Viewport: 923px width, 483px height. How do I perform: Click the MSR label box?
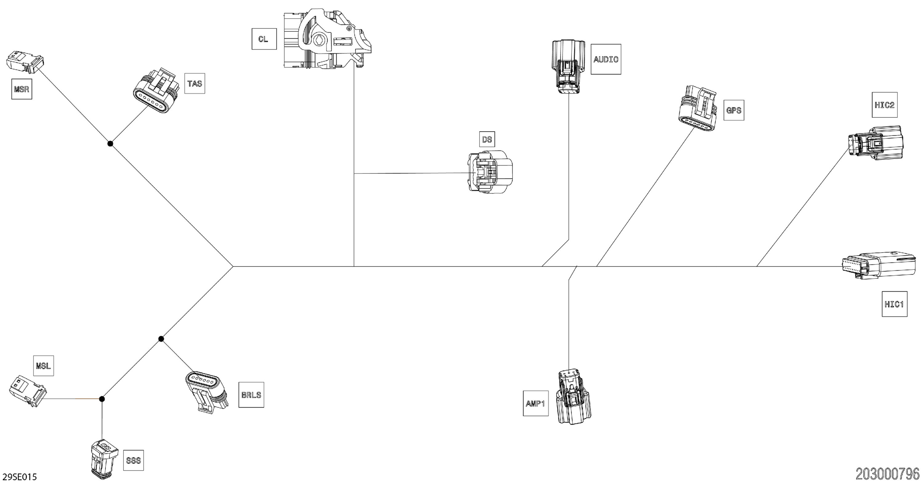(x=22, y=89)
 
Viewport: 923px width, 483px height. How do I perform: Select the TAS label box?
(x=194, y=83)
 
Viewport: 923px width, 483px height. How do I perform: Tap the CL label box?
(x=264, y=39)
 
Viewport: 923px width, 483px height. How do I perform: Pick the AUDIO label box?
(x=605, y=59)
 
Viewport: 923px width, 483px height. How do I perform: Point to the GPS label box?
(x=733, y=110)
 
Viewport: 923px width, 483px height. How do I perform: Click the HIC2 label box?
(x=884, y=105)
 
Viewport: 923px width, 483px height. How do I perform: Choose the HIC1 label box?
(x=894, y=304)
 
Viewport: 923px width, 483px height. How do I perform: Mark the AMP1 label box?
(x=536, y=403)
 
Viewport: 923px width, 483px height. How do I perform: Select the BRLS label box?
(x=251, y=395)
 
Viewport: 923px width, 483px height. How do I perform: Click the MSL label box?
(x=43, y=366)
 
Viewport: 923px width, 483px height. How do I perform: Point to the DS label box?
(x=487, y=139)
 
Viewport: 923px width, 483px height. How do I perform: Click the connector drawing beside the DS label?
(x=490, y=172)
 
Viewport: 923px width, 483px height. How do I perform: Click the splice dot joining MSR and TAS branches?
(x=110, y=144)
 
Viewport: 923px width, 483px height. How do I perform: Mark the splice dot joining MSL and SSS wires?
(x=102, y=399)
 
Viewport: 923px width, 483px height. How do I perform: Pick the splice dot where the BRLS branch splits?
(x=161, y=339)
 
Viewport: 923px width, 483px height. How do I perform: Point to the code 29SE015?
(x=20, y=477)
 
